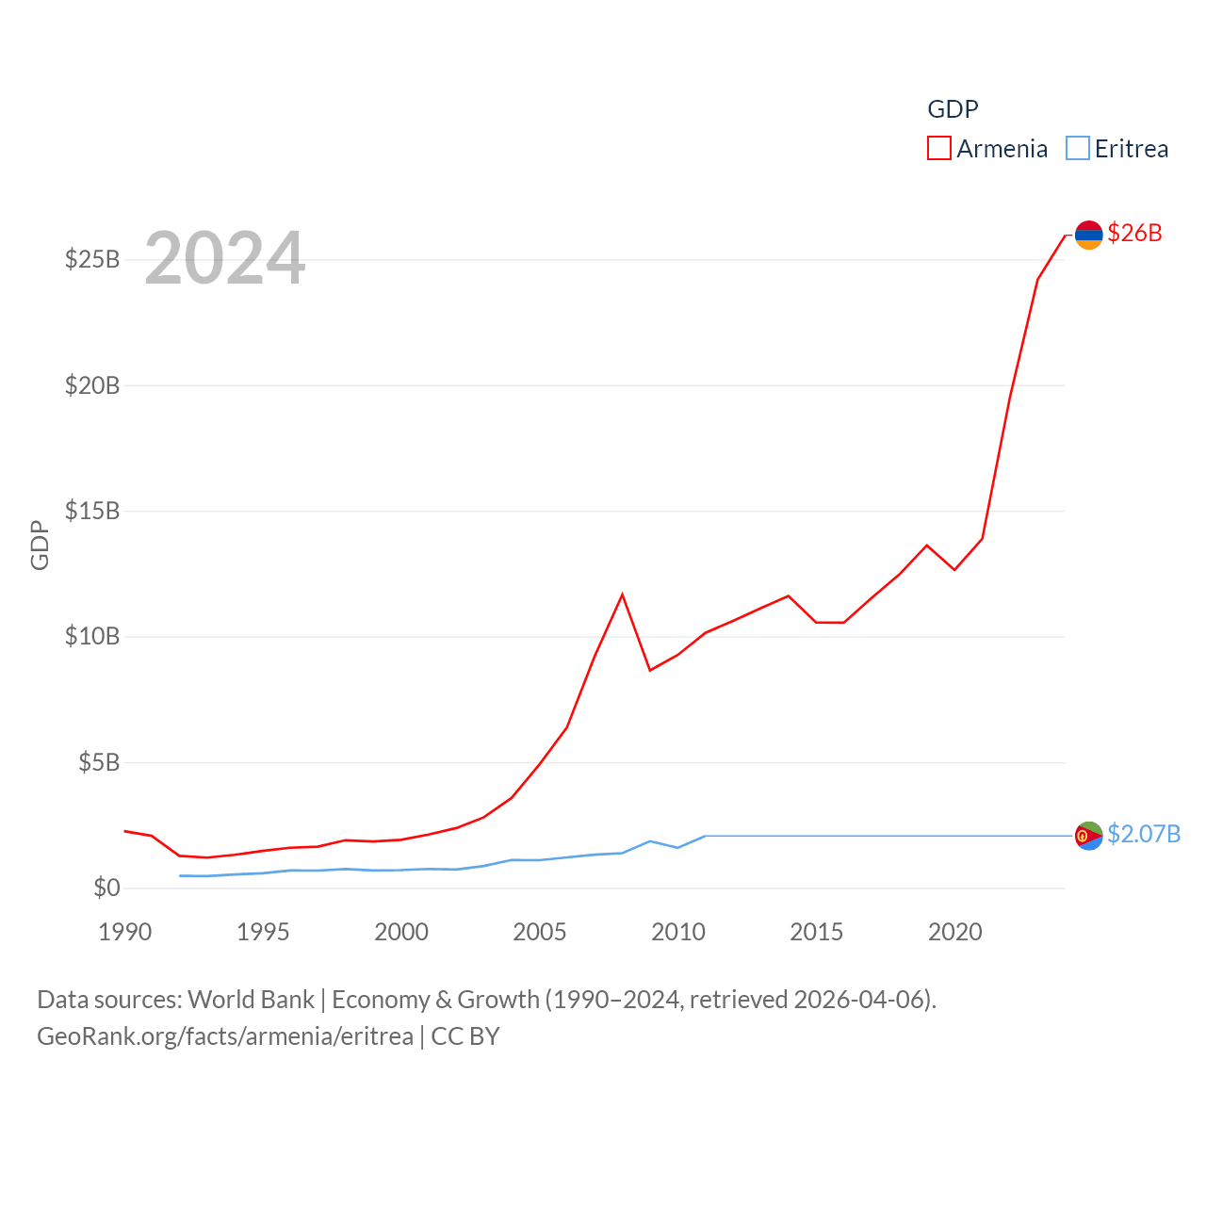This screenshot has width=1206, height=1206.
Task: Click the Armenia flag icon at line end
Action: click(x=1088, y=235)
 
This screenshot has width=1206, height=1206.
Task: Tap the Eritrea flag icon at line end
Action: click(x=1088, y=836)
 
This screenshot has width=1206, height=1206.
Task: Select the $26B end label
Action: click(x=1134, y=233)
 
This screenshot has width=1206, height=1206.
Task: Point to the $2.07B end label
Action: click(x=1143, y=834)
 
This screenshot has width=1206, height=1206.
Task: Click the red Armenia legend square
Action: click(x=939, y=148)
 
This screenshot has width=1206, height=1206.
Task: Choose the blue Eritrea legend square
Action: click(x=1078, y=148)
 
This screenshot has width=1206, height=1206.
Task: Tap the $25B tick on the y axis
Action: click(x=92, y=259)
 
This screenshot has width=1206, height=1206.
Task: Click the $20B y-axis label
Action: click(x=92, y=384)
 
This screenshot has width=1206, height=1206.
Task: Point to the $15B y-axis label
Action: click(x=92, y=511)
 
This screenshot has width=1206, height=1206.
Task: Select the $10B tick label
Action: click(x=92, y=636)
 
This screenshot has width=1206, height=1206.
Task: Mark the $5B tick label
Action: click(x=99, y=762)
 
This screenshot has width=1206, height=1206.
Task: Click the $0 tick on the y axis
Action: click(x=106, y=888)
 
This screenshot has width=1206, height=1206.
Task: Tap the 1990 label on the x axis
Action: click(x=125, y=932)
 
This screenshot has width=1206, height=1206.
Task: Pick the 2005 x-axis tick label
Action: click(x=540, y=932)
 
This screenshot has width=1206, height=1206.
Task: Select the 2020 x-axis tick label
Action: click(x=955, y=932)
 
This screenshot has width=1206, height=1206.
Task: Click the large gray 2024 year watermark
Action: click(x=225, y=257)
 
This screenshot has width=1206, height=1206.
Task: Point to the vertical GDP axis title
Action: click(x=40, y=545)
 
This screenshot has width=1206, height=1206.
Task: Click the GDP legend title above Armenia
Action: click(x=953, y=109)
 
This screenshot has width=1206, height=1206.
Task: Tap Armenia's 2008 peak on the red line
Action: click(x=622, y=595)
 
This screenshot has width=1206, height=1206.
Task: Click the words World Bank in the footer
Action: click(x=251, y=999)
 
